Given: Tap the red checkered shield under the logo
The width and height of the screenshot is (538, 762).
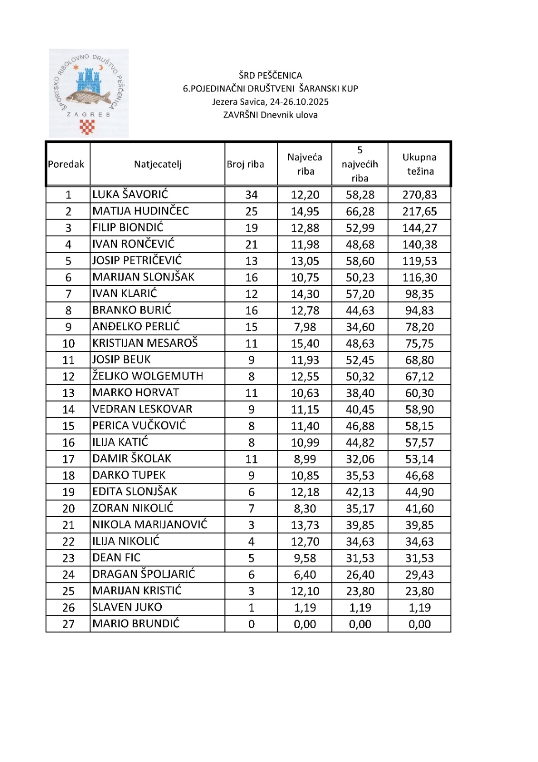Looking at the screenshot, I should click(87, 127).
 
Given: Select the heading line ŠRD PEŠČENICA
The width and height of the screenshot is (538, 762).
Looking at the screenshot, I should click(270, 75).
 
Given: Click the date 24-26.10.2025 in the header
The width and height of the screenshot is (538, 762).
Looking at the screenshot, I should click(299, 101).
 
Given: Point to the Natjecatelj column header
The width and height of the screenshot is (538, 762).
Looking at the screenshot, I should click(157, 164).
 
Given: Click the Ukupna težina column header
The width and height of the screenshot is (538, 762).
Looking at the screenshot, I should click(419, 164).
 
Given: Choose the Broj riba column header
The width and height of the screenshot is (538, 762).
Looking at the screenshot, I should click(245, 164).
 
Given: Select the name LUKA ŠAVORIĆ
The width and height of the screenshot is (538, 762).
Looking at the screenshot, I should click(130, 194).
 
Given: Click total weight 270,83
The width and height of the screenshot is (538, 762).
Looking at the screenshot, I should click(419, 195).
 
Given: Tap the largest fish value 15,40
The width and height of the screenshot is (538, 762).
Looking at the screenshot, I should click(305, 343).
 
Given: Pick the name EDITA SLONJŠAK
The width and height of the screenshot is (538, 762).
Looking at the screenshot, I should click(135, 491).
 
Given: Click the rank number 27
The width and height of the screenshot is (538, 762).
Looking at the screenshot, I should click(68, 624).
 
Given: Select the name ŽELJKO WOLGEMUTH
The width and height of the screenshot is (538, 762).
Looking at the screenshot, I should click(147, 376).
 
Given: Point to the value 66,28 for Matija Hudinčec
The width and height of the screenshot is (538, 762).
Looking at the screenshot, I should click(360, 211).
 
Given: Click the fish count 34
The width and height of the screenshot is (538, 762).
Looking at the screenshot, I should click(251, 195).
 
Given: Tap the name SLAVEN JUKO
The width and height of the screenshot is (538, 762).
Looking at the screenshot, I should click(127, 607).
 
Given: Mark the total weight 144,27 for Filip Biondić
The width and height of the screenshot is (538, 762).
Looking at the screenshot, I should click(419, 228).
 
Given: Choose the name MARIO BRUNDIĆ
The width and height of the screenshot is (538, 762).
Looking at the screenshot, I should click(136, 623).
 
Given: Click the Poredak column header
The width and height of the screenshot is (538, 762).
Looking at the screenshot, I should click(66, 164).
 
